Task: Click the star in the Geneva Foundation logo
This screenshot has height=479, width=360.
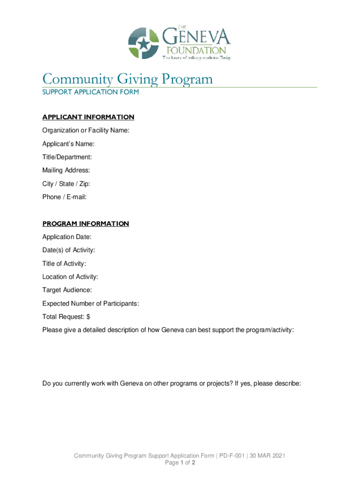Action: click(x=144, y=44)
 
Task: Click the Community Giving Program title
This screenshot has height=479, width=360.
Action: click(x=127, y=79)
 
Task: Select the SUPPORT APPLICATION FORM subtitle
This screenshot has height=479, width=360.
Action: click(x=90, y=92)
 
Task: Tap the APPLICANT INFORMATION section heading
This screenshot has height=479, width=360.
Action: click(x=88, y=117)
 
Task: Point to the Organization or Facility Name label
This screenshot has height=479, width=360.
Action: click(x=86, y=131)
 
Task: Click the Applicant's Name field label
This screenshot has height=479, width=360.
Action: click(x=68, y=144)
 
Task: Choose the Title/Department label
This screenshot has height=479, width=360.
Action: click(x=67, y=157)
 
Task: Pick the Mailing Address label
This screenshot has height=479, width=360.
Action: click(x=66, y=170)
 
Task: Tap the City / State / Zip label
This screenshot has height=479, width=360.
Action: click(x=66, y=184)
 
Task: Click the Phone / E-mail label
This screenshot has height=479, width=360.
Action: click(x=65, y=197)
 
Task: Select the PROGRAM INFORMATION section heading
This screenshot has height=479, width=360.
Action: click(x=86, y=224)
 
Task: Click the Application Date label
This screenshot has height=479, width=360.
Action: click(x=67, y=237)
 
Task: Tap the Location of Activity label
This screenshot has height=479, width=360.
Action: click(x=70, y=277)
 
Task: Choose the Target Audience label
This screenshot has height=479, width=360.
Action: click(x=67, y=290)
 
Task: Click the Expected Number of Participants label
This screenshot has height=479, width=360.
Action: click(x=91, y=304)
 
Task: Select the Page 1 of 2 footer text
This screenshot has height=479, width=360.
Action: click(x=180, y=463)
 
